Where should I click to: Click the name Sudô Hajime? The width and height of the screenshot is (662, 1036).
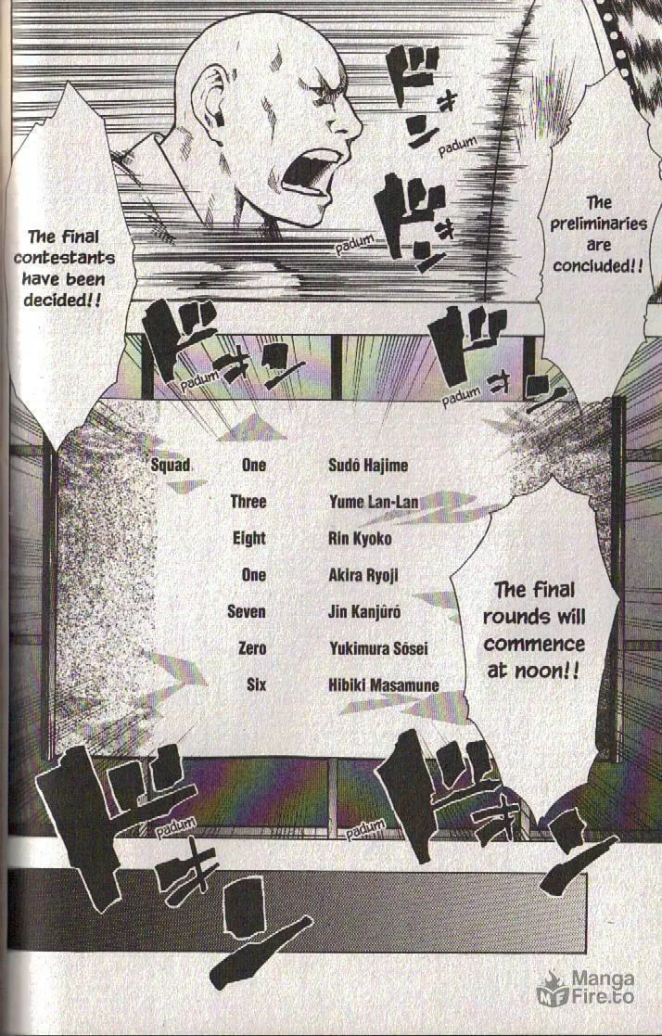(367, 466)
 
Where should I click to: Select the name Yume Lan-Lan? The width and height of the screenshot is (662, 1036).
(374, 502)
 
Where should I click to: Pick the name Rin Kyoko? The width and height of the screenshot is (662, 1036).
(360, 539)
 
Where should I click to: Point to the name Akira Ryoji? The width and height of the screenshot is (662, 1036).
(363, 575)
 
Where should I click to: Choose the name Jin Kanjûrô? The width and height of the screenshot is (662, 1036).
(364, 612)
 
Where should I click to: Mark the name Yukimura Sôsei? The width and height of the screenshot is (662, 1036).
(378, 648)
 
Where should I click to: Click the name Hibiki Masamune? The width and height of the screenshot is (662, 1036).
(383, 685)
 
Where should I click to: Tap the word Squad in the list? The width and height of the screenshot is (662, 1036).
(171, 466)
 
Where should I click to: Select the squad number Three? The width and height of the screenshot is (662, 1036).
(248, 502)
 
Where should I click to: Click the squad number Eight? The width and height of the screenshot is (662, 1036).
(249, 539)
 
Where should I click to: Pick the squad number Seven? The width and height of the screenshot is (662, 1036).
(247, 612)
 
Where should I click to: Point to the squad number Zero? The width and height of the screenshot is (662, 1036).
(251, 648)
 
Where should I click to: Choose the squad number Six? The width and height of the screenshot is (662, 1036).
(256, 684)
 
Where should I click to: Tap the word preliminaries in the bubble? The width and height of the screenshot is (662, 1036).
(599, 224)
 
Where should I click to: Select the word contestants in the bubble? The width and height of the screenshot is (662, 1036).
(64, 258)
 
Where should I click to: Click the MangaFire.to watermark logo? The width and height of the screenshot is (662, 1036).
(585, 987)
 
